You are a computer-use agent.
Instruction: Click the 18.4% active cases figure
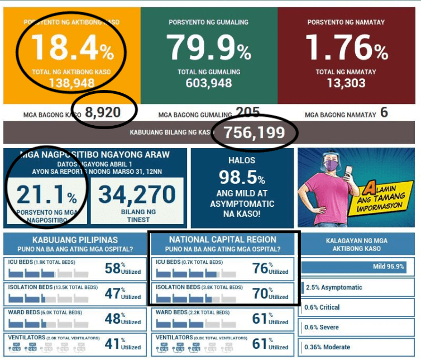(72, 48)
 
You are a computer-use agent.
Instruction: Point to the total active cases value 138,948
(72, 84)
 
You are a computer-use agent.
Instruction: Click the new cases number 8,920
(103, 113)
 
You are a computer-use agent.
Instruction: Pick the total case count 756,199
(254, 133)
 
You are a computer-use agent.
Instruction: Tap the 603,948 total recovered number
(209, 84)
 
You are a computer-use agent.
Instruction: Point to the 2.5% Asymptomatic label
(334, 287)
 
